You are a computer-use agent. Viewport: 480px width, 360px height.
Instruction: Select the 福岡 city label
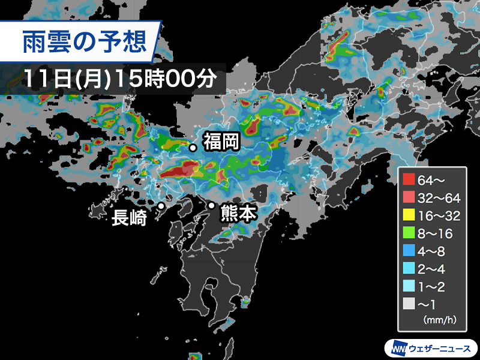221,142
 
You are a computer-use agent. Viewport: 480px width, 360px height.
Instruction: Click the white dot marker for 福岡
193,148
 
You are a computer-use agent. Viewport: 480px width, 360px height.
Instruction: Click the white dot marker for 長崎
161,206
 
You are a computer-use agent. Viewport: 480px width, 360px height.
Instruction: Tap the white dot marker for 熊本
211,206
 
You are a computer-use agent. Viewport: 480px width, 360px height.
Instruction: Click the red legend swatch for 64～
410,178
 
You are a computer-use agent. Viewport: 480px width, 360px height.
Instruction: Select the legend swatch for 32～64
410,197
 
